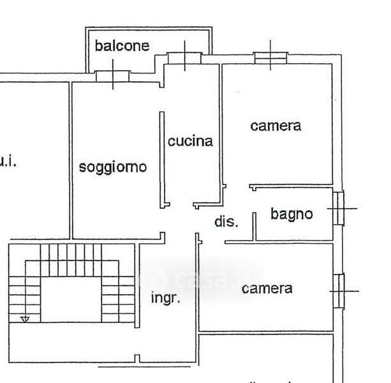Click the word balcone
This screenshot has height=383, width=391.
point(122,45)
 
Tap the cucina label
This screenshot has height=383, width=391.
point(190,141)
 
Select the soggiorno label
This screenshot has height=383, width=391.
point(113,167)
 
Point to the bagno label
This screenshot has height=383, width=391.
point(291,214)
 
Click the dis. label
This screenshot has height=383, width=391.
point(226,222)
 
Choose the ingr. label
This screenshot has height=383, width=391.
point(166,297)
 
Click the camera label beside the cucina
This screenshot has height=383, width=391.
point(276,126)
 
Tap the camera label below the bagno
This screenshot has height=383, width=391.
point(267,289)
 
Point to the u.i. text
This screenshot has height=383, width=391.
point(8,161)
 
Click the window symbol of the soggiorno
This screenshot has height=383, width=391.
point(113,75)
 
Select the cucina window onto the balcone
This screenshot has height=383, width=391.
point(185,58)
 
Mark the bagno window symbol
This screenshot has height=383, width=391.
point(338,208)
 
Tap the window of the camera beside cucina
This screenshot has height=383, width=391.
point(271,57)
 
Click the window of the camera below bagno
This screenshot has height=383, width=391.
point(338,291)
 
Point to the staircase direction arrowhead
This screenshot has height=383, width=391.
point(25,318)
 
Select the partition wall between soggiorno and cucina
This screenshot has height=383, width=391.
point(162,160)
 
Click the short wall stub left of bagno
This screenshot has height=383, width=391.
point(254,226)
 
